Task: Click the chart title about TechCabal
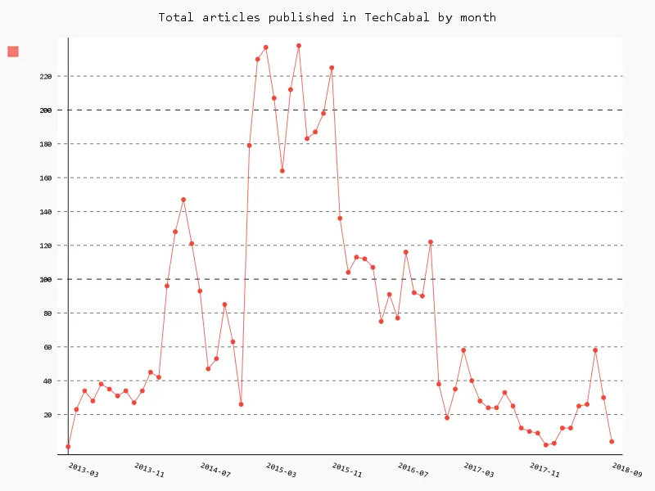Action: point(327,17)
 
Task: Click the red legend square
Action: point(13,52)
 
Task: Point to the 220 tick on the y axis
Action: point(45,76)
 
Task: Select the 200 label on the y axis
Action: point(45,110)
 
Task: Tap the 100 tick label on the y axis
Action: point(45,279)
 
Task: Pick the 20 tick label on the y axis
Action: point(47,415)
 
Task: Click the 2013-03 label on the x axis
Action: point(84,470)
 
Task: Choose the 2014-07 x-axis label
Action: point(215,470)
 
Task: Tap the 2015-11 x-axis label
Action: point(346,470)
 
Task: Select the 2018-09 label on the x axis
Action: point(626,470)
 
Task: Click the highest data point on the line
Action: point(299,46)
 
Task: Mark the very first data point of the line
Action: point(68,447)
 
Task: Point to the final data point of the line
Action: point(612,442)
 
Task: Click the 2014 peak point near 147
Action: point(183,200)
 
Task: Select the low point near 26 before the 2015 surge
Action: point(241,404)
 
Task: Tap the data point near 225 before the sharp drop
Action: point(332,68)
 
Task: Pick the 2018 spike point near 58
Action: point(595,350)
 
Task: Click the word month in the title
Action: point(478,17)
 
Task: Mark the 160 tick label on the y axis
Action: point(45,178)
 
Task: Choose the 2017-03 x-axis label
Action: point(478,470)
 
